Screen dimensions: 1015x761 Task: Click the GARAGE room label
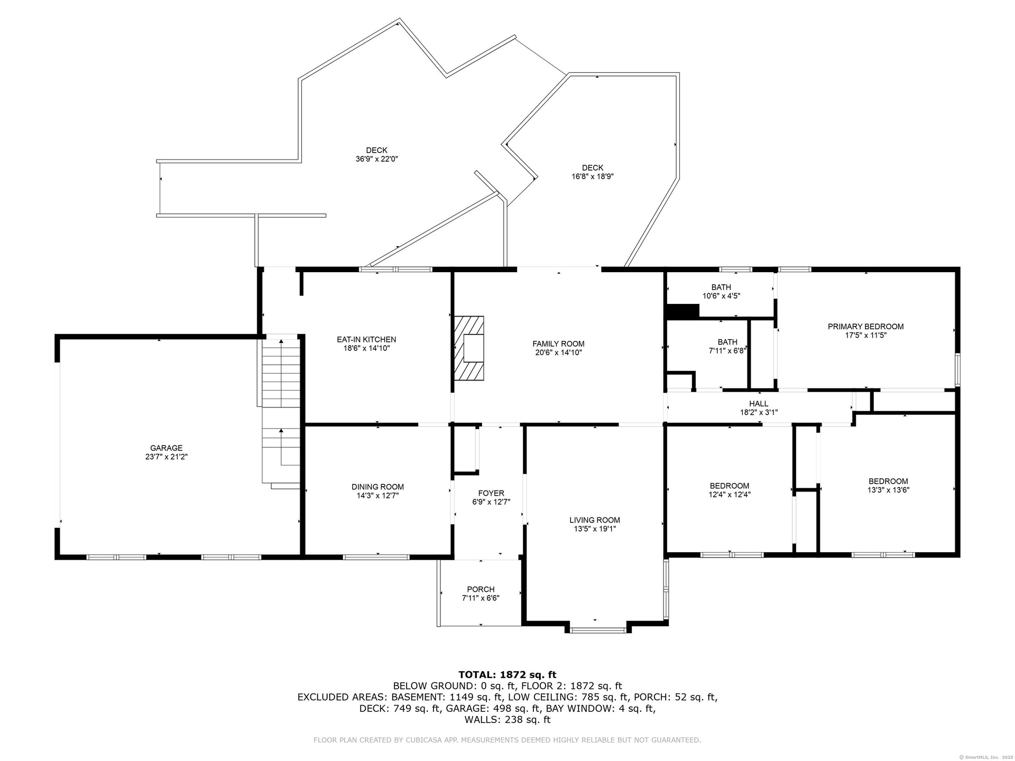click(167, 448)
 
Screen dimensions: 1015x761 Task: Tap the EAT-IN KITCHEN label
click(366, 340)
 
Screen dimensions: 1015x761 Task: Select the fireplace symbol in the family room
click(469, 348)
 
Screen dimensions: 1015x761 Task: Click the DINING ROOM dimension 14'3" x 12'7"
click(377, 496)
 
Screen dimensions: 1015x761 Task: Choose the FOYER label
click(491, 494)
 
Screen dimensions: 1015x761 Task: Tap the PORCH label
click(481, 589)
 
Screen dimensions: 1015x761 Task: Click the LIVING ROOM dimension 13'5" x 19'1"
click(595, 529)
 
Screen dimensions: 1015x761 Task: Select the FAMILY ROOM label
click(558, 344)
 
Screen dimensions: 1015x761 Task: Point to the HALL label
click(759, 404)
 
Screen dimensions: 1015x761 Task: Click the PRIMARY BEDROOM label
click(865, 327)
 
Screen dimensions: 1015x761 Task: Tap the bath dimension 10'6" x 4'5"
click(721, 296)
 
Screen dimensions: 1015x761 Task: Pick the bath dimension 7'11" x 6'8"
click(727, 350)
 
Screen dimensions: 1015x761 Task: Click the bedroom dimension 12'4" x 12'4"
click(730, 495)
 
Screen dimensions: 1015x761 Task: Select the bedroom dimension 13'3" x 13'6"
click(888, 490)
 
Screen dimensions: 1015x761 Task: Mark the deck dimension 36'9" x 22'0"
click(376, 159)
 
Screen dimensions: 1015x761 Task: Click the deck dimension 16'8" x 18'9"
click(593, 177)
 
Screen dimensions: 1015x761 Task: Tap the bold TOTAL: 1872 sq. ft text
click(508, 674)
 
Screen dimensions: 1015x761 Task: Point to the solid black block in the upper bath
click(683, 311)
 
